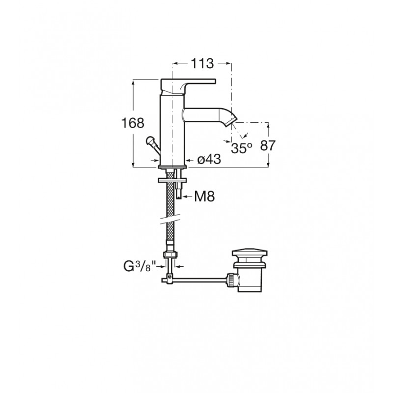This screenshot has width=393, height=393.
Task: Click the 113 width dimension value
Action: tap(202, 63)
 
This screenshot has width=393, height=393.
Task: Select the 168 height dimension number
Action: tap(133, 123)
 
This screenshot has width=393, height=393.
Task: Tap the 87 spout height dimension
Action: tap(268, 145)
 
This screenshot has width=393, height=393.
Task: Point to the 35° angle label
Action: tap(242, 148)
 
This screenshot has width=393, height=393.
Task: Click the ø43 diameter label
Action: tap(209, 159)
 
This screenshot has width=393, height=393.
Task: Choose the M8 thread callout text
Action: tap(204, 196)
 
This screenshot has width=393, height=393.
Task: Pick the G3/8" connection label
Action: tap(140, 266)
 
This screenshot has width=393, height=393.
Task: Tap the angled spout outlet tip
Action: tap(231, 122)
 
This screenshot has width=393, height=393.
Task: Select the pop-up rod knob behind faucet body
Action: tap(150, 140)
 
